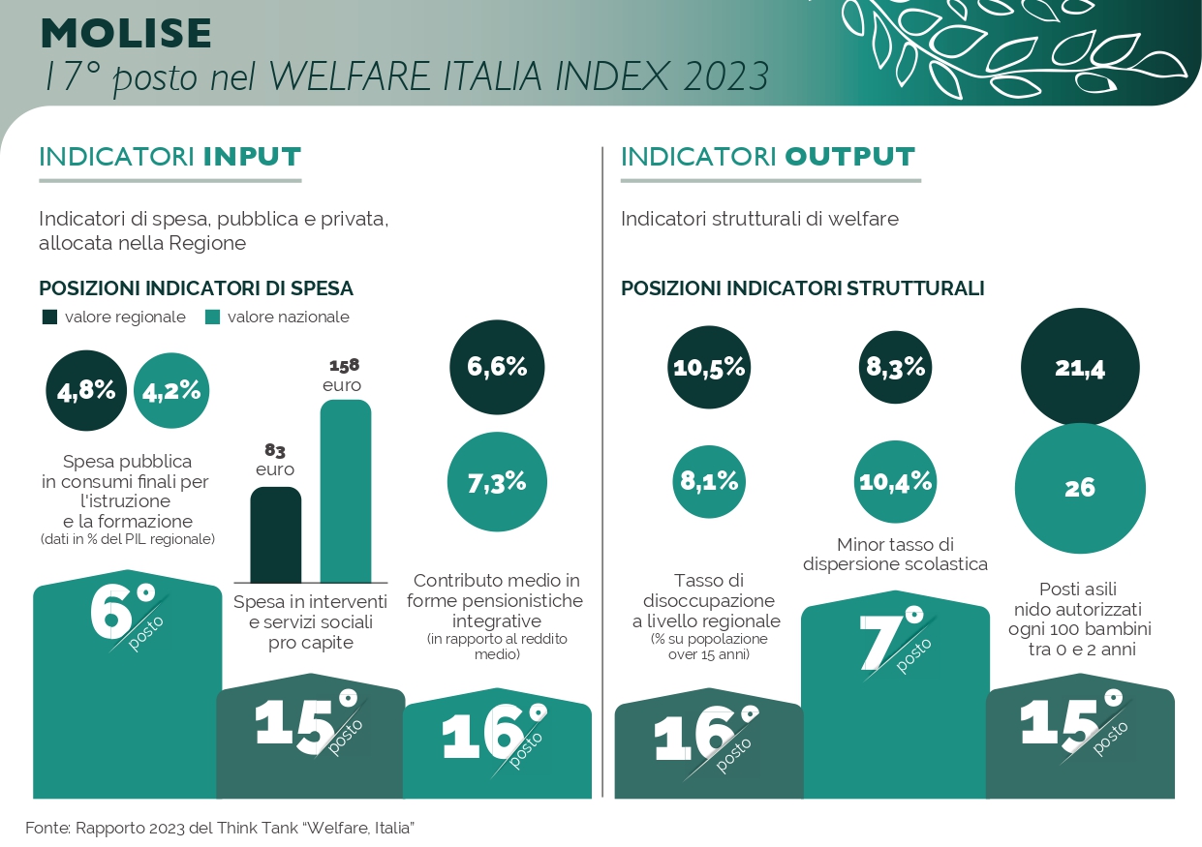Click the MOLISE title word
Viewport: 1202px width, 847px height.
[x=126, y=34]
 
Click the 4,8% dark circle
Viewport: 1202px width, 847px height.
[x=86, y=390]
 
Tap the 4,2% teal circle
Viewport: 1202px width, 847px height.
[x=171, y=390]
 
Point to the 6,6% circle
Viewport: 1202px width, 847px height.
[x=497, y=367]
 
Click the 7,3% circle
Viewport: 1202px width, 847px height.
[x=497, y=482]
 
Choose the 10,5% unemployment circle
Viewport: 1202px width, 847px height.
[x=709, y=368]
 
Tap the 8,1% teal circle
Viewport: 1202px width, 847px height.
[x=709, y=481]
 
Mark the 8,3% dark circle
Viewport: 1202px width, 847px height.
[x=895, y=368]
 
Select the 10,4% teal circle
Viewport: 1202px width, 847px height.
[x=895, y=481]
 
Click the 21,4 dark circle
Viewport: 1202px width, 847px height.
[x=1080, y=368]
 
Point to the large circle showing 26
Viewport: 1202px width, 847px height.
[x=1080, y=488]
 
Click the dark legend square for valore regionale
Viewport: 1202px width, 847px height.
[x=49, y=317]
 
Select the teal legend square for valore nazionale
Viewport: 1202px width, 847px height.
[x=212, y=317]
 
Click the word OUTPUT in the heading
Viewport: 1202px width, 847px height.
[x=849, y=157]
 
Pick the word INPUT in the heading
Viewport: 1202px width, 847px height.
[x=252, y=157]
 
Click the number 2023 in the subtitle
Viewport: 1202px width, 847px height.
[x=725, y=76]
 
